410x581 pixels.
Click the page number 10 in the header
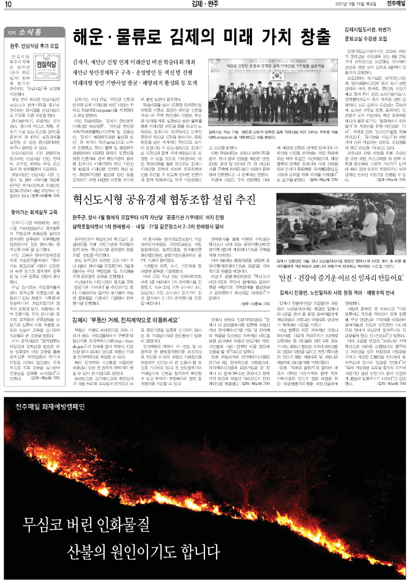9,5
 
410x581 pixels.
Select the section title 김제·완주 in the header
204,5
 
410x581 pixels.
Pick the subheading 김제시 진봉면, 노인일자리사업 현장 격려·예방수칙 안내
340,292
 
